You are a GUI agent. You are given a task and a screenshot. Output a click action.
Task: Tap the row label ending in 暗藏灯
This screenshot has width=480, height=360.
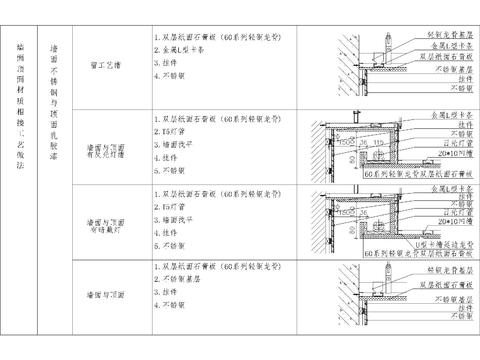click(106, 220)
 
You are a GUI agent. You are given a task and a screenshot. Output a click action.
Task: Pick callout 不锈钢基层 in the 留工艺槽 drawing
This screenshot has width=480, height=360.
click(440, 71)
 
